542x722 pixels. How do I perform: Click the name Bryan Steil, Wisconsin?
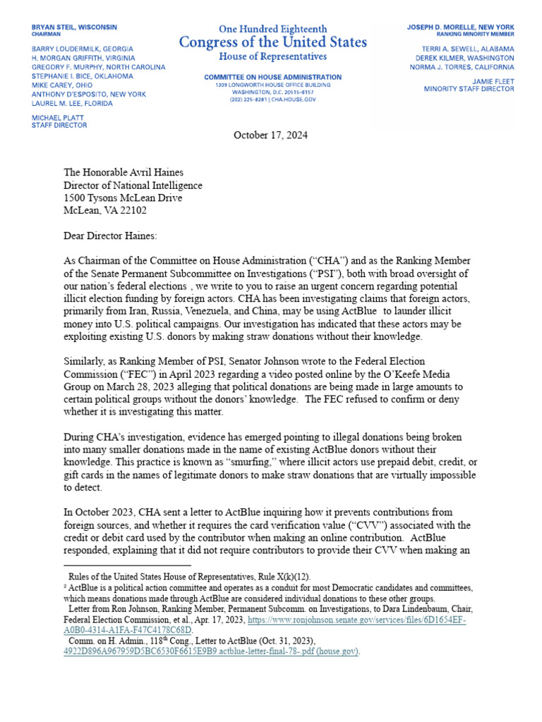click(75, 27)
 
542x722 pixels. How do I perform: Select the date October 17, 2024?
click(270, 135)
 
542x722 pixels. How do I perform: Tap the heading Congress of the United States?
click(273, 42)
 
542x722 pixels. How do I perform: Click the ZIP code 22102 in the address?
click(133, 210)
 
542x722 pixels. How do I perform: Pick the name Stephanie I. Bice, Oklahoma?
click(82, 76)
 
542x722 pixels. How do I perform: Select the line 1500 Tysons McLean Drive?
click(123, 198)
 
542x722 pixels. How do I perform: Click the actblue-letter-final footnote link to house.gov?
click(212, 651)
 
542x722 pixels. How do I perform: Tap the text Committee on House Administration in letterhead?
click(272, 77)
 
